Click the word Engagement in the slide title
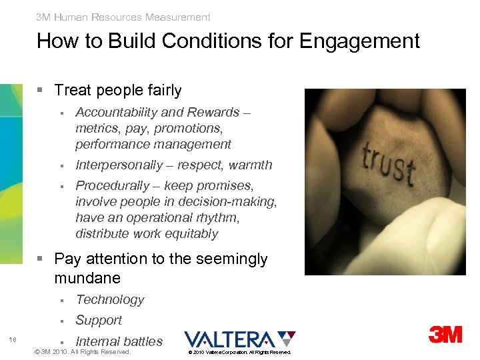pos(359,41)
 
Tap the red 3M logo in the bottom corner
pos(446,334)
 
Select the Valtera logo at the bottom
pos(240,339)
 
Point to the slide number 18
pos(13,340)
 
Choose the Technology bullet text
pos(110,300)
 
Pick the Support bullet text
pos(99,320)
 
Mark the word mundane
pos(87,278)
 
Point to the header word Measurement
pos(177,17)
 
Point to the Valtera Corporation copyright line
pos(239,352)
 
